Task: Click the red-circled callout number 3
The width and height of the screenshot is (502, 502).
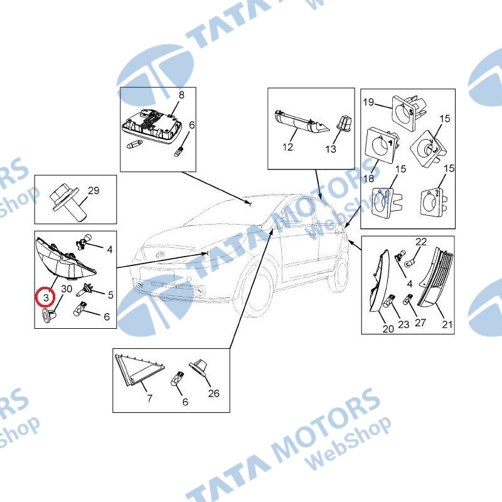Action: pos(46,297)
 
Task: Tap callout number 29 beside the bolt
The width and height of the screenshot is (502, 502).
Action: pos(93,191)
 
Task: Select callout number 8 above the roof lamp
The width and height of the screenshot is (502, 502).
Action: pos(181,95)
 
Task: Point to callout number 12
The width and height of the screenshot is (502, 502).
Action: pos(287,147)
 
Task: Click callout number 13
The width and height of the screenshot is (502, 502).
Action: pos(331,149)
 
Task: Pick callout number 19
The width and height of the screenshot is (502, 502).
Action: pos(368,102)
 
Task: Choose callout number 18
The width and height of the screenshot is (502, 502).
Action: pos(369,178)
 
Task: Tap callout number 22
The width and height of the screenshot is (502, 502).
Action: pos(421,242)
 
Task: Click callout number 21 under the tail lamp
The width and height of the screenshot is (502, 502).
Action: pos(447,324)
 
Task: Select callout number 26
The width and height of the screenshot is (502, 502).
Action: pos(213,393)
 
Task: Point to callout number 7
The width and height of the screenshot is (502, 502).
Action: pos(149,398)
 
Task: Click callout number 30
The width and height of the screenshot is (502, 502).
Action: pos(67,289)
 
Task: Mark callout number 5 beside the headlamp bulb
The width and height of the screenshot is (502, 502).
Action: pos(110,295)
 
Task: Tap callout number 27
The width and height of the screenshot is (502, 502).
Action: pos(420,323)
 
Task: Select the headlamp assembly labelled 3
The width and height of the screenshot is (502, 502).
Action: pos(64,260)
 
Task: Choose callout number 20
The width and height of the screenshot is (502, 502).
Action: pos(388,329)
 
